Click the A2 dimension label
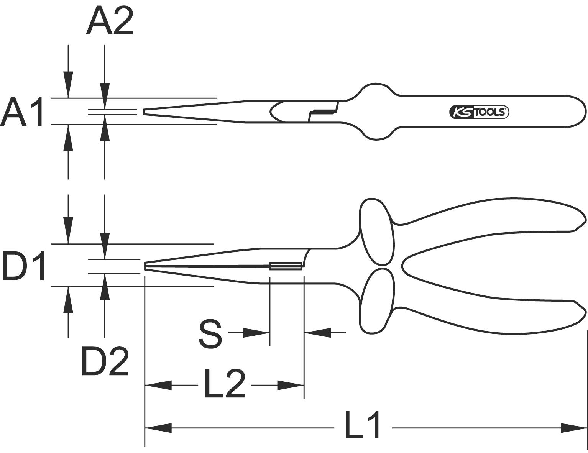pyautogui.click(x=110, y=22)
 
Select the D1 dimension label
pyautogui.click(x=24, y=266)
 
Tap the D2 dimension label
pyautogui.click(x=105, y=361)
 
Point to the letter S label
pyautogui.click(x=210, y=335)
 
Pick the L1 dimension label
pyautogui.click(x=362, y=425)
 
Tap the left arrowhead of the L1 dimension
pyautogui.click(x=158, y=428)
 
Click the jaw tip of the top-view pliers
pyautogui.click(x=145, y=112)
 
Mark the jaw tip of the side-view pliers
pyautogui.click(x=146, y=266)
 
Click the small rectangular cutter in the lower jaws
pyautogui.click(x=285, y=266)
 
